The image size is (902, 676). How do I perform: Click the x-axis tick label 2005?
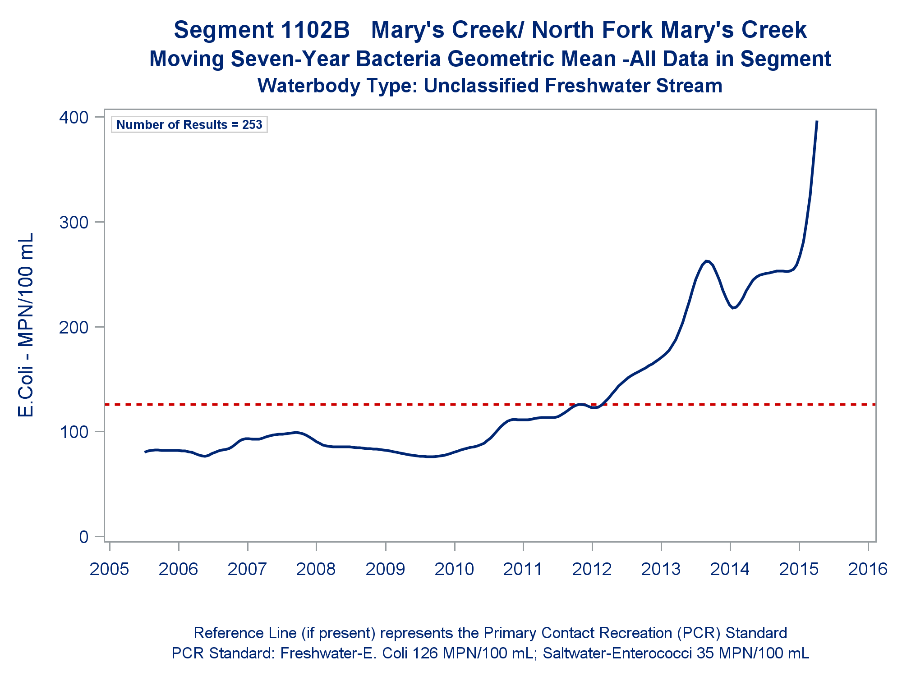coord(110,569)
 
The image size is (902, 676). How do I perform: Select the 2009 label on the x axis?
coord(386,569)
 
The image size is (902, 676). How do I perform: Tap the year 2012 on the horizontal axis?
coord(592,569)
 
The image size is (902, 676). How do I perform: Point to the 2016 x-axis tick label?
coord(868,569)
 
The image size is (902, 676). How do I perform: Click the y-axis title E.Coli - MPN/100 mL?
coord(26,325)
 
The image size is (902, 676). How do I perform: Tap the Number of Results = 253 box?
coord(189,124)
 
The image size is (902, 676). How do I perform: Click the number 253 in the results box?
coord(252,124)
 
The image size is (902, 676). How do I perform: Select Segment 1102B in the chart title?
coord(262,30)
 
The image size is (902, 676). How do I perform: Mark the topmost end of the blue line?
coord(817,121)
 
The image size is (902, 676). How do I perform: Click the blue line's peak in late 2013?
coord(707,261)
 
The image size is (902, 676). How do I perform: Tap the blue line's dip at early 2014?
coord(733,308)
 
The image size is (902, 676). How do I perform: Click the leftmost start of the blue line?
coord(145,452)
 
